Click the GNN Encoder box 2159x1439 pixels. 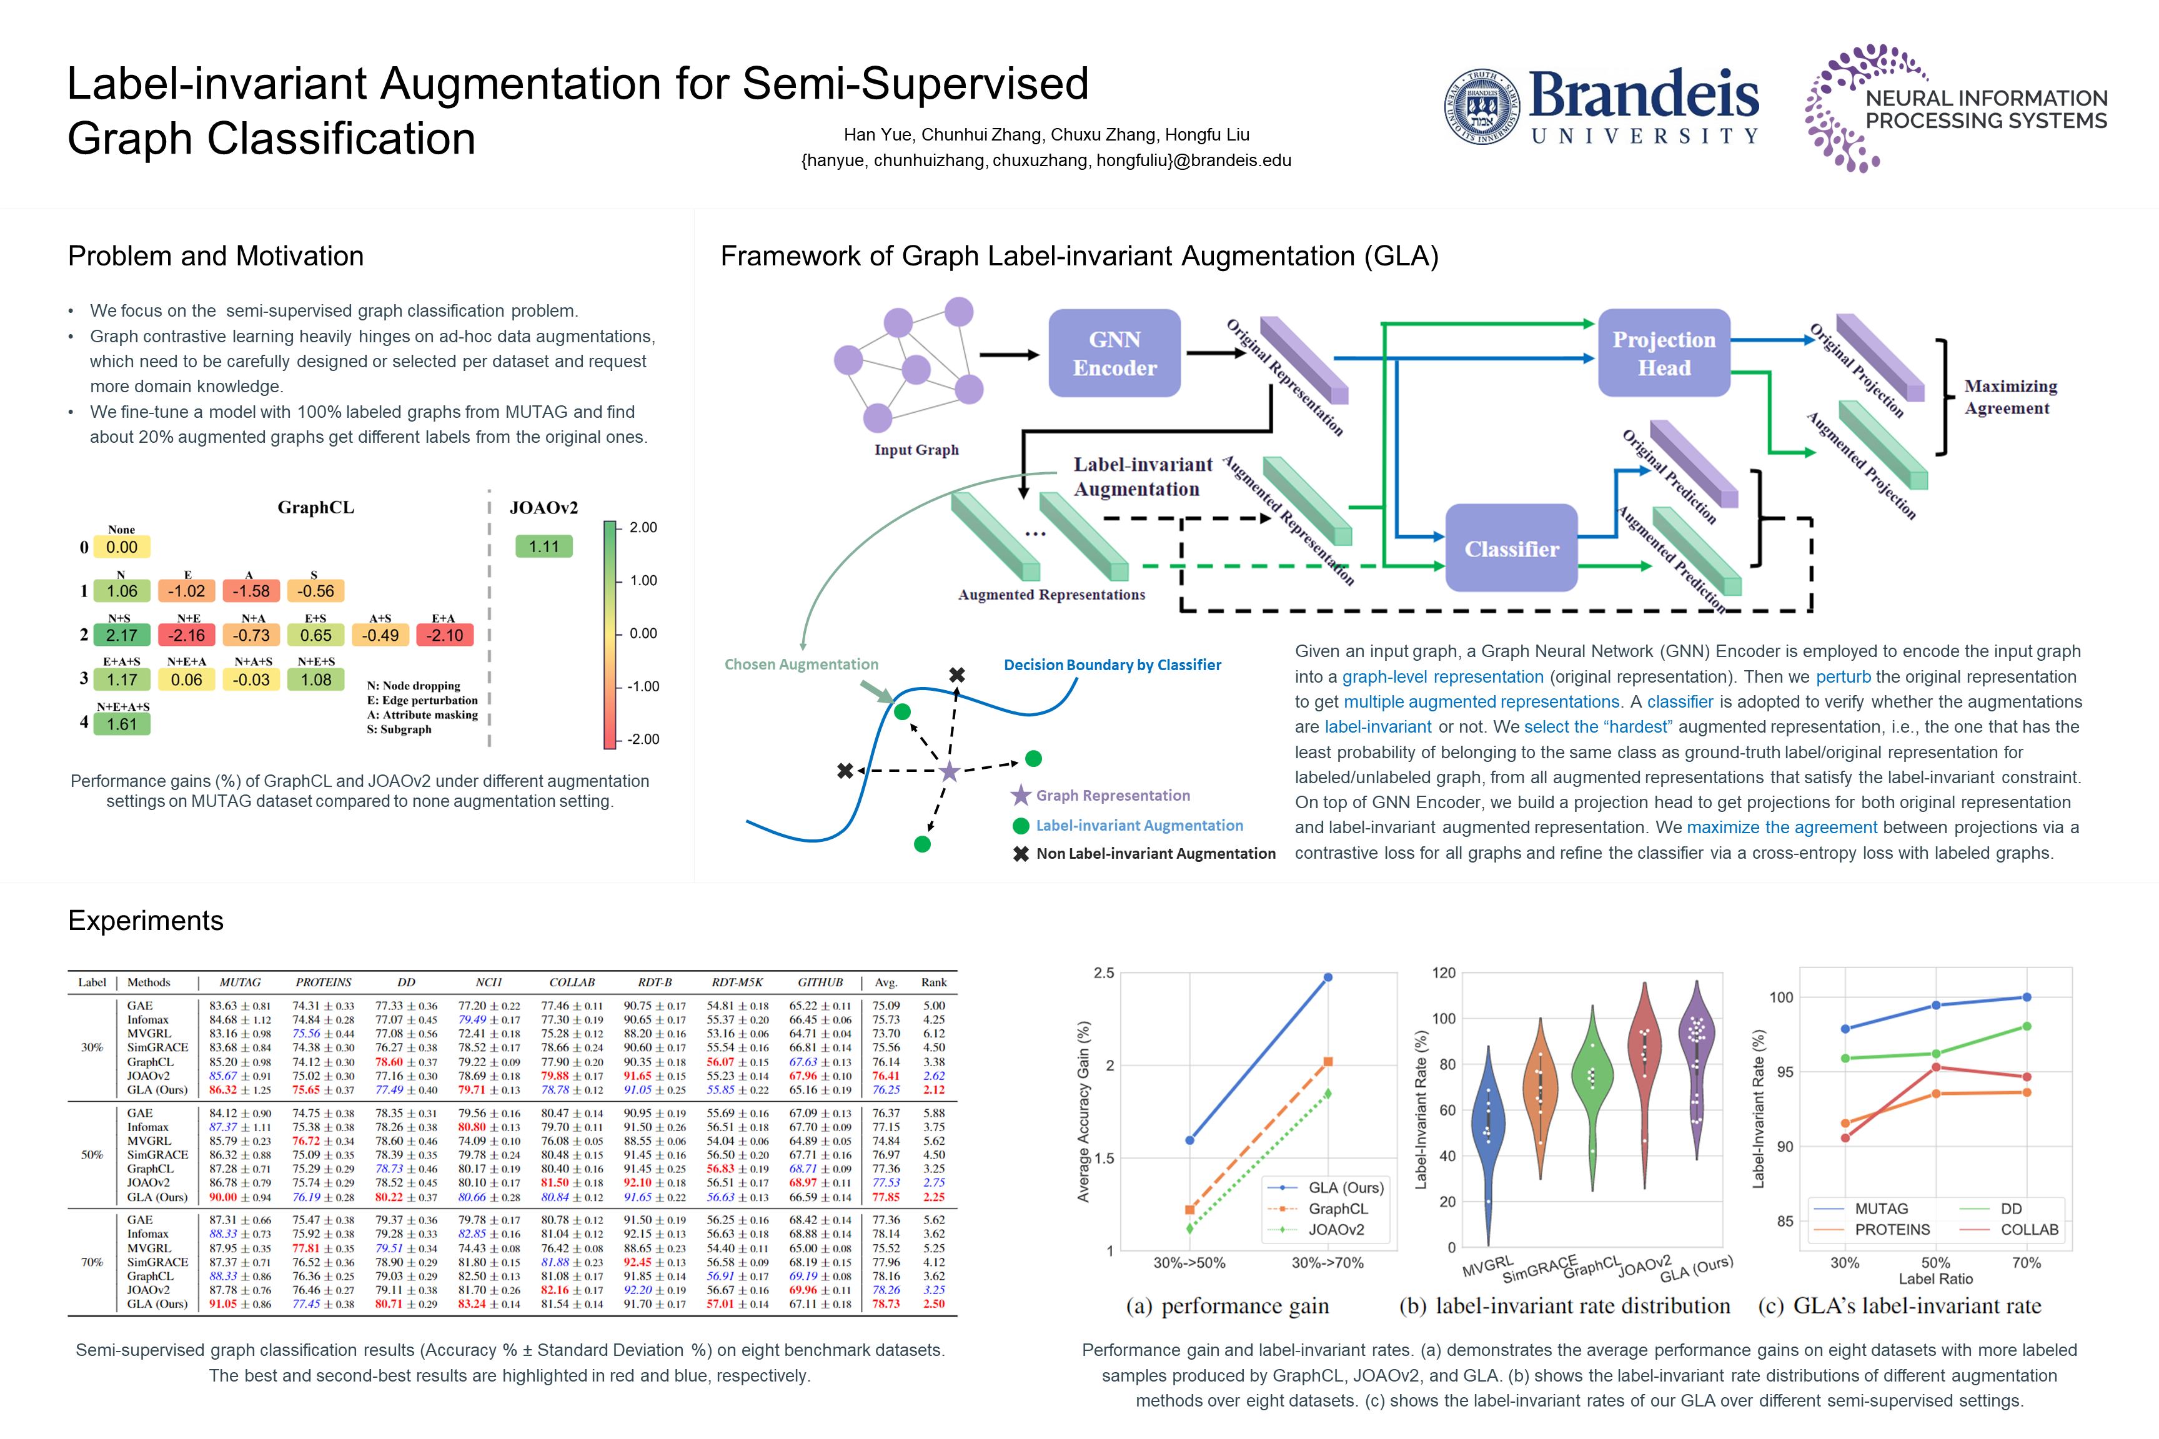click(x=1114, y=354)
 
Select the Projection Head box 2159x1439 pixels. click(x=1664, y=354)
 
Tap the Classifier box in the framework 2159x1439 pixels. click(x=1511, y=549)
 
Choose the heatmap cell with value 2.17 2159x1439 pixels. click(x=122, y=635)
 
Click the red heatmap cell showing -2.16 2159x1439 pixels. click(x=186, y=635)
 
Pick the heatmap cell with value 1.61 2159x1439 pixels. click(x=122, y=724)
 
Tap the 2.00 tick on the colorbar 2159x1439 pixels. click(x=643, y=528)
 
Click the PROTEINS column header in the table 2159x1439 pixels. click(x=323, y=982)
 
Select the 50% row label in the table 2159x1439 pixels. click(x=92, y=1154)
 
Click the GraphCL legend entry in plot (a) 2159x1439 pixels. click(x=1338, y=1209)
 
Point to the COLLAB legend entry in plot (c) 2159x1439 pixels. click(x=2028, y=1230)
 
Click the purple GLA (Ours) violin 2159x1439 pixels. click(x=1696, y=1069)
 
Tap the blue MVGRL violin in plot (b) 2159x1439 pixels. click(x=1487, y=1138)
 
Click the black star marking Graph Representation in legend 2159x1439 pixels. click(x=1021, y=794)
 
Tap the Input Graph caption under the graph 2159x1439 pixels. click(x=916, y=450)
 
